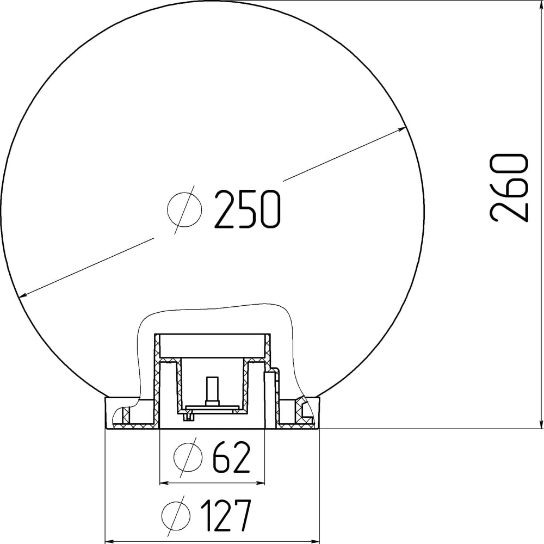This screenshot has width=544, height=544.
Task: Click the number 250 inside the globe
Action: (247, 209)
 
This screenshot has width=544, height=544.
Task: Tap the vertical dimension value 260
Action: (509, 187)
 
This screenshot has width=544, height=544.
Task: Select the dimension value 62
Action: (231, 457)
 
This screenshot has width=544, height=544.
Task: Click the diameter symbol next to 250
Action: (184, 209)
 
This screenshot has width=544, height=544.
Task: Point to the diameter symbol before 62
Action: (188, 457)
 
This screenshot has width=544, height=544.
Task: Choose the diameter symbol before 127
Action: (176, 515)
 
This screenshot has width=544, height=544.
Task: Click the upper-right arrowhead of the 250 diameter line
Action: (401, 129)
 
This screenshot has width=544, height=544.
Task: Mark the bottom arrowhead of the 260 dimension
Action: (541, 423)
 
